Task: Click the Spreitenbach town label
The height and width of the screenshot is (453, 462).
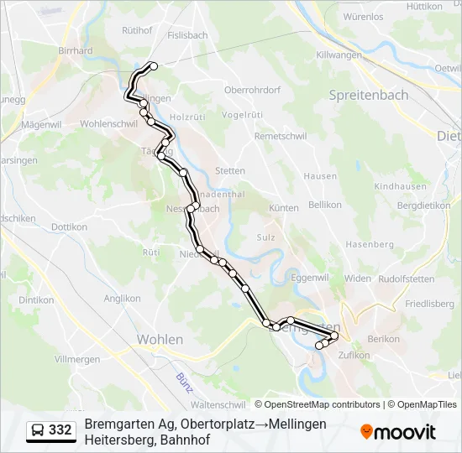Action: [x=370, y=95]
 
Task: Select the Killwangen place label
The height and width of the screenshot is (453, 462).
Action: [x=339, y=55]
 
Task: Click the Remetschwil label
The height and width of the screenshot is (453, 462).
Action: [x=281, y=136]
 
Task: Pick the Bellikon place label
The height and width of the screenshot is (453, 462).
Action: [x=325, y=205]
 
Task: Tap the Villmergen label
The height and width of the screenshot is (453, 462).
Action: [x=78, y=358]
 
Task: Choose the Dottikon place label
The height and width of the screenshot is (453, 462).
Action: [x=69, y=226]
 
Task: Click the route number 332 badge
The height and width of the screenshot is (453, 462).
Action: [x=60, y=430]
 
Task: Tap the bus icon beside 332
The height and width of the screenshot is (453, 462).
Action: [x=38, y=431]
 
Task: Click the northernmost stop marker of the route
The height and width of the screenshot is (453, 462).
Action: [x=153, y=65]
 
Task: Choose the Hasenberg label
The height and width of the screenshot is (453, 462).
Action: [x=369, y=244]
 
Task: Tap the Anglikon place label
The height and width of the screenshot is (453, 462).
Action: [x=123, y=298]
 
